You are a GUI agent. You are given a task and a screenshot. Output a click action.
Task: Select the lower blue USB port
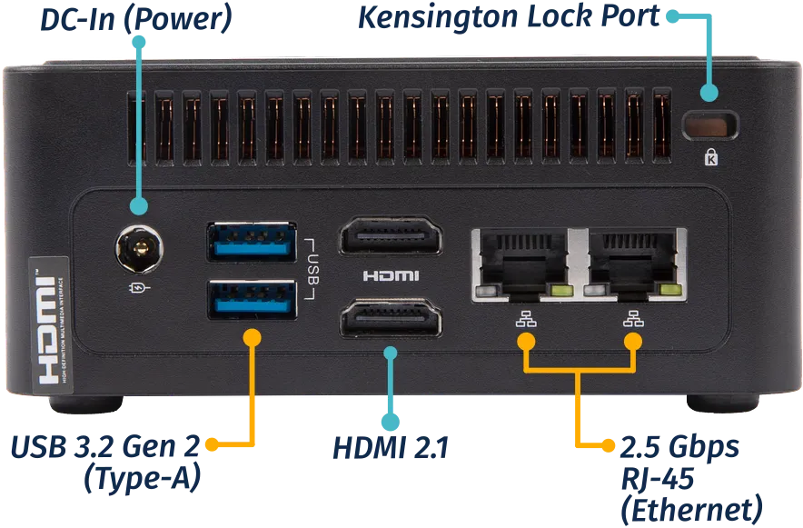(253, 299)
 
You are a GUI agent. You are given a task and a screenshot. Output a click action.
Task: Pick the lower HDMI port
(390, 322)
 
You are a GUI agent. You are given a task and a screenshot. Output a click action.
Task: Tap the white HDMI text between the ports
(391, 276)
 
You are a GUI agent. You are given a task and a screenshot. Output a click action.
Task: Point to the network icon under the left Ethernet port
(524, 319)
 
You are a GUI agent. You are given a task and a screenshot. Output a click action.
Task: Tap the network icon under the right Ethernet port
(632, 319)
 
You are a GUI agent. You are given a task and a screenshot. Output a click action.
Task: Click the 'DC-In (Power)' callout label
(134, 21)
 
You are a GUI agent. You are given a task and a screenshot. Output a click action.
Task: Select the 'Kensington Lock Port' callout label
(508, 18)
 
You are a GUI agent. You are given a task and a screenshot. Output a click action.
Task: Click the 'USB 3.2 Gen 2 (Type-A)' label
(104, 461)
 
